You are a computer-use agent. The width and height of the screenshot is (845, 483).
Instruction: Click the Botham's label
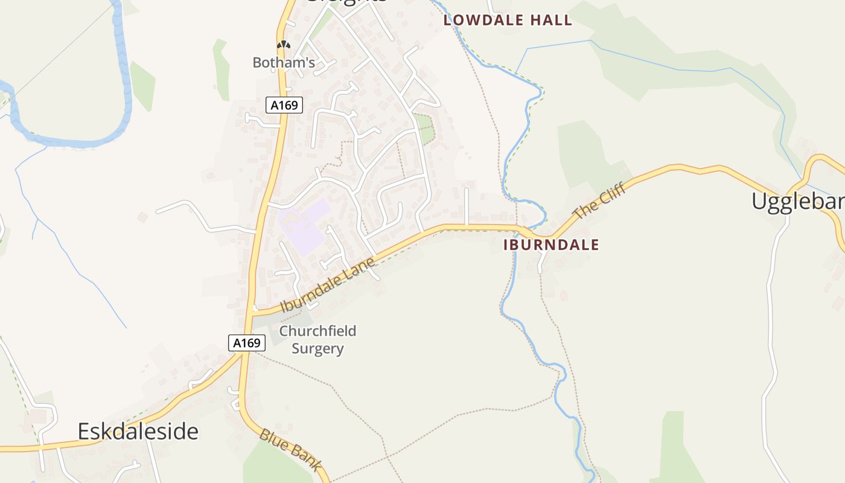pyautogui.click(x=284, y=62)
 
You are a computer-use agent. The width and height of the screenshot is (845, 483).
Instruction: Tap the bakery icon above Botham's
pyautogui.click(x=283, y=45)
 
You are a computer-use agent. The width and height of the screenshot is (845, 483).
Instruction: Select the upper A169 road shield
pyautogui.click(x=284, y=105)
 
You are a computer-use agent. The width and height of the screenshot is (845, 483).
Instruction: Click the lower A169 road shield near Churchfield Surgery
pyautogui.click(x=247, y=343)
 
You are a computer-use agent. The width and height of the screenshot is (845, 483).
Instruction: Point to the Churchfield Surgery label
pyautogui.click(x=317, y=339)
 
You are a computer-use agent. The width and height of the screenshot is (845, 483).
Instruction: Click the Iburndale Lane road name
pyautogui.click(x=328, y=284)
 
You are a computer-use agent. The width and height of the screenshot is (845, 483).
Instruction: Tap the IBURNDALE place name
pyautogui.click(x=551, y=245)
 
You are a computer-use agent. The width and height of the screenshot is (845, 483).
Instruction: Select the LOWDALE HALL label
pyautogui.click(x=508, y=20)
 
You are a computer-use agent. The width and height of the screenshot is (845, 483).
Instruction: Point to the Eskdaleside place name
pyautogui.click(x=138, y=431)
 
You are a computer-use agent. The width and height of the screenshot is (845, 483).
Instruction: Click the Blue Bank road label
pyautogui.click(x=290, y=450)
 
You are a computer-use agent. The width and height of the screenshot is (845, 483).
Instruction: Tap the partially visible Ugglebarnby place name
pyautogui.click(x=797, y=201)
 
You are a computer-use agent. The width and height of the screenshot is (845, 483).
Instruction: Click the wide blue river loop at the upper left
pyautogui.click(x=124, y=91)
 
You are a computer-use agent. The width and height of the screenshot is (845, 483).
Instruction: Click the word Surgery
pyautogui.click(x=317, y=348)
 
